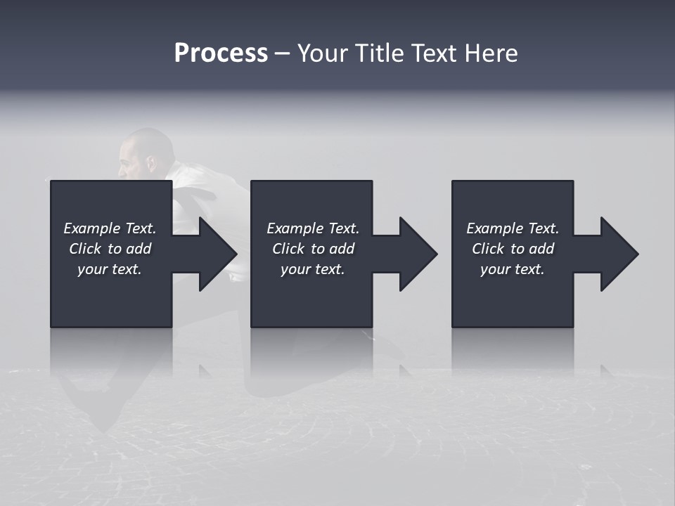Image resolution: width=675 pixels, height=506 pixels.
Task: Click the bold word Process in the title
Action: coord(221,53)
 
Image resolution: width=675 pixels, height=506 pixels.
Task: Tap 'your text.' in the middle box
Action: coord(312,269)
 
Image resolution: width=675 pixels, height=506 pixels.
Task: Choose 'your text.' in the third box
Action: coord(512,269)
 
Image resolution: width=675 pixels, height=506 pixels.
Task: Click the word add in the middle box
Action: coord(342,249)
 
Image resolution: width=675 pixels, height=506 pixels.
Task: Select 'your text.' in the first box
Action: coord(110,269)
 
